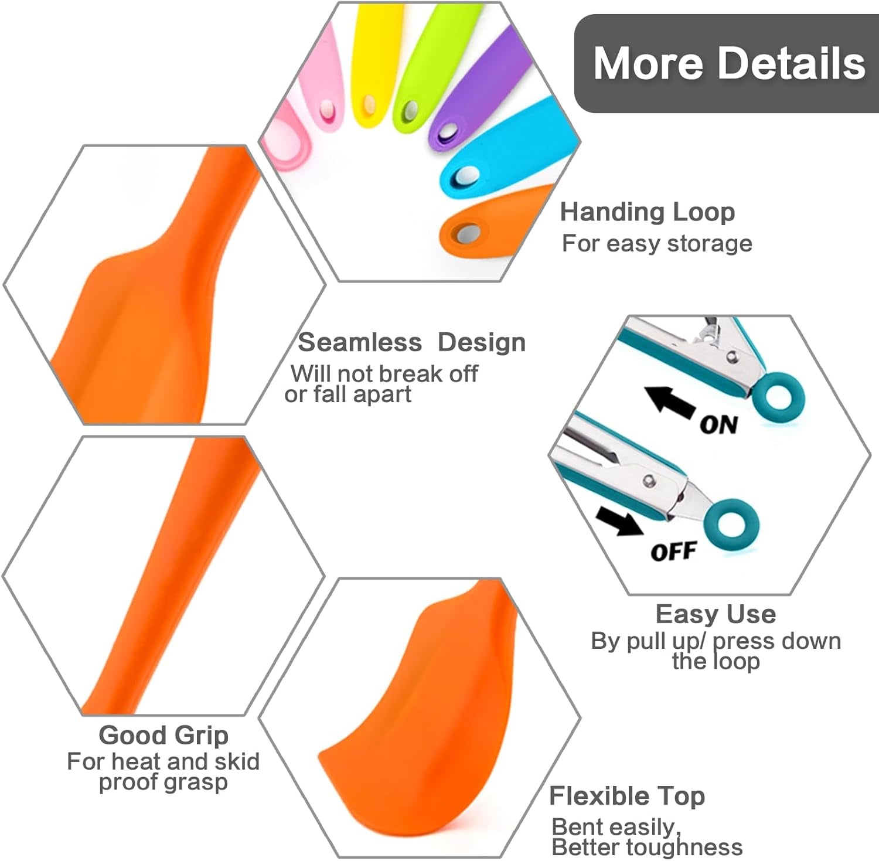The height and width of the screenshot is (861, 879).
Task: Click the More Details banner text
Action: tap(729, 63)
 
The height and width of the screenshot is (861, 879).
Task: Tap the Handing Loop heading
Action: tap(648, 212)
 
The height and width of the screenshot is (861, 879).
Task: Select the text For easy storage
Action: tap(657, 243)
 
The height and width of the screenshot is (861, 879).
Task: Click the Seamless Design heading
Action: tap(411, 342)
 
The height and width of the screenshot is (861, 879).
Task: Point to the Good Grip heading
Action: tap(163, 735)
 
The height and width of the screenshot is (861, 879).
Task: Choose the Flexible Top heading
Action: tap(627, 796)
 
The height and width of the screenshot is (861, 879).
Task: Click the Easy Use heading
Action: tap(716, 614)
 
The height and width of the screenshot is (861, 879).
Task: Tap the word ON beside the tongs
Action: tap(718, 424)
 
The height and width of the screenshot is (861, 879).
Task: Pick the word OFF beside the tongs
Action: tap(673, 552)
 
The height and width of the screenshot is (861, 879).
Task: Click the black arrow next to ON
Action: tap(669, 401)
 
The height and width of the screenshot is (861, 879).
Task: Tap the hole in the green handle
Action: tap(412, 110)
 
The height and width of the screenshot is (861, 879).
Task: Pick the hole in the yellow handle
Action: tap(369, 104)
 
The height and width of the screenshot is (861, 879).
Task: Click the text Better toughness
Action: tap(647, 847)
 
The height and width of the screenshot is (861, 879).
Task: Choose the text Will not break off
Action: tap(384, 373)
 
